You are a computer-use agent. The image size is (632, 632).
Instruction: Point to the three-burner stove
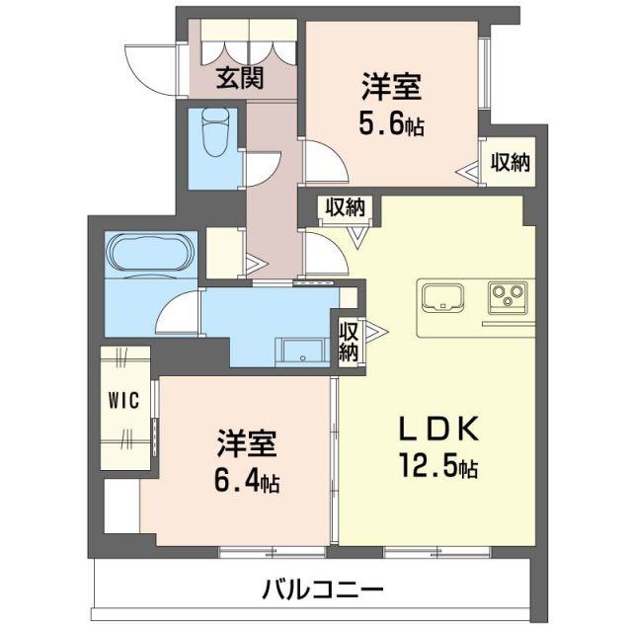[508, 294]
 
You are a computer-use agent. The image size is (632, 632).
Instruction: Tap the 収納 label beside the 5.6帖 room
[510, 162]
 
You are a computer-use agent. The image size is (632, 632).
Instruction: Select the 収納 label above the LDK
[343, 208]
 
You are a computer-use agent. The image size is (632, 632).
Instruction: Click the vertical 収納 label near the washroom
[349, 340]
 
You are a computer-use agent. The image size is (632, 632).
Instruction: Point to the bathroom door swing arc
[178, 314]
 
